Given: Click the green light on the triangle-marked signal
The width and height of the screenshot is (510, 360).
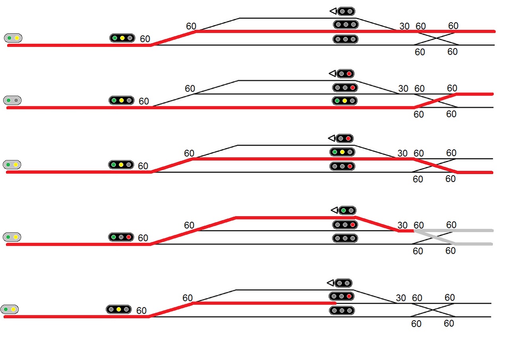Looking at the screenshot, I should pyautogui.click(x=343, y=210).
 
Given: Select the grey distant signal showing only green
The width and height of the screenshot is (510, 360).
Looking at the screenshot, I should pyautogui.click(x=12, y=100).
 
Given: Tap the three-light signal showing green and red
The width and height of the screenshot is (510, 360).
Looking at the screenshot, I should pyautogui.click(x=121, y=237).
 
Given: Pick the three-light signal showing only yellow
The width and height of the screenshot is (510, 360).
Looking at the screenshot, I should pyautogui.click(x=119, y=309).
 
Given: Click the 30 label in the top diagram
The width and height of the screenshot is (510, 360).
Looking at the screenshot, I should pyautogui.click(x=404, y=26).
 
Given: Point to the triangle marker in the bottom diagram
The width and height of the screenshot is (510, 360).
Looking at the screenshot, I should pyautogui.click(x=330, y=283).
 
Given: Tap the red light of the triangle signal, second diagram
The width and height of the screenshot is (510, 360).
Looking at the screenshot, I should pyautogui.click(x=349, y=74).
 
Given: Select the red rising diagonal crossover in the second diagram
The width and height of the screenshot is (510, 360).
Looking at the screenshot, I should pyautogui.click(x=435, y=101).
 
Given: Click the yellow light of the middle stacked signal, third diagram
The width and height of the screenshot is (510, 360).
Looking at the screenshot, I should pyautogui.click(x=342, y=152).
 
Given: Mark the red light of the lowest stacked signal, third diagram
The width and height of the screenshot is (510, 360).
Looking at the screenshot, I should pyautogui.click(x=349, y=166).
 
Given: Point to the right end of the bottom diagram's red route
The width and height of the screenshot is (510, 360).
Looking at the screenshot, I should pyautogui.click(x=335, y=303).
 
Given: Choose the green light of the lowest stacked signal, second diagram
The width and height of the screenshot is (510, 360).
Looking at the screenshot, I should pyautogui.click(x=337, y=101).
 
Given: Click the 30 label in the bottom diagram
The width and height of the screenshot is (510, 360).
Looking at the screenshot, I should pyautogui.click(x=401, y=298).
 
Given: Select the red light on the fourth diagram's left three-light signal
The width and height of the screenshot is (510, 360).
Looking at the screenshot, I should pyautogui.click(x=128, y=237).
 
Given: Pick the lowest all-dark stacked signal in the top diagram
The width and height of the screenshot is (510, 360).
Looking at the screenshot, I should pyautogui.click(x=345, y=39).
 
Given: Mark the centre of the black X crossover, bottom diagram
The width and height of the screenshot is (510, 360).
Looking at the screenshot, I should pyautogui.click(x=433, y=310).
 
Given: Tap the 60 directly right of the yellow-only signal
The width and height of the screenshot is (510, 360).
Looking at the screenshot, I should pyautogui.click(x=141, y=311).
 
